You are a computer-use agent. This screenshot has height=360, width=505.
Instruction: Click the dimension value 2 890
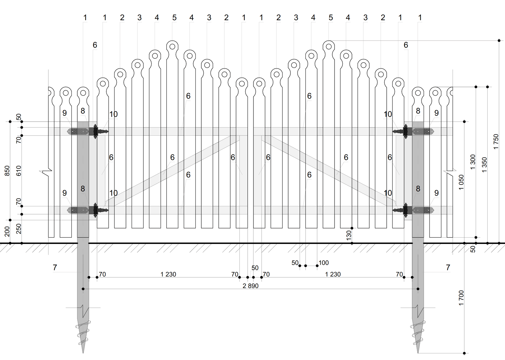tap(251, 286)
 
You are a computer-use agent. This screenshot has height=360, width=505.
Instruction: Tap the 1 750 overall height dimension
tap(496, 142)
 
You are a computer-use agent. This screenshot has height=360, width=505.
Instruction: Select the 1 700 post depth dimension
tap(461, 298)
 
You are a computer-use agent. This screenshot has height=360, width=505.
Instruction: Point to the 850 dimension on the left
tap(7, 171)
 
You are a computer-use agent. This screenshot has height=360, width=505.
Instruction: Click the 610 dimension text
tap(19, 171)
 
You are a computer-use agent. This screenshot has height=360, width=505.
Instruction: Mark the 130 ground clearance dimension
tap(348, 236)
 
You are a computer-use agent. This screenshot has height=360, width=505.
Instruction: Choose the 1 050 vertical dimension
tap(461, 182)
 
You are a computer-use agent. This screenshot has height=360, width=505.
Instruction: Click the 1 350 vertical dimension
tap(484, 165)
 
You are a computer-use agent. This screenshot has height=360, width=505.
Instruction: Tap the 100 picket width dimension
tap(324, 263)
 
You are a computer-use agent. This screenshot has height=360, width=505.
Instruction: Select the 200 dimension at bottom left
tap(7, 231)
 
